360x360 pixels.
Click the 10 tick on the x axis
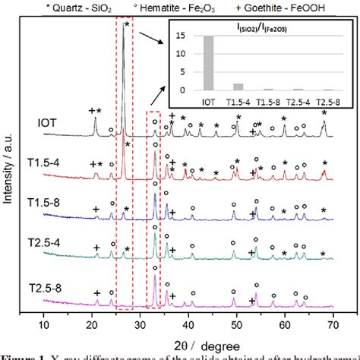44,325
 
